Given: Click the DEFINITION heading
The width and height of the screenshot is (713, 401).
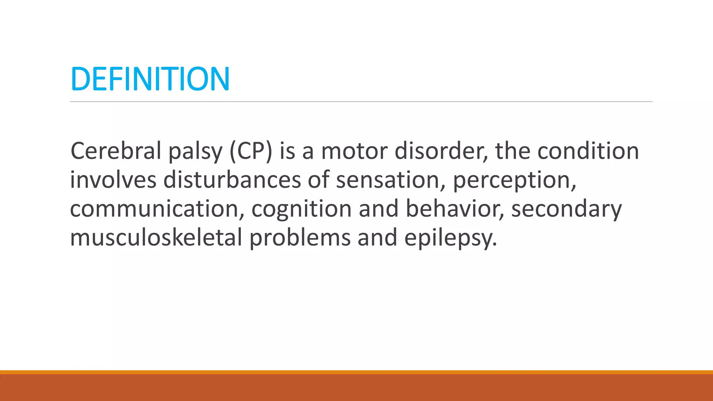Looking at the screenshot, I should (150, 79).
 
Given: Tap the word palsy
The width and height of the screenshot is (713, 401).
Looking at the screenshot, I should (195, 152).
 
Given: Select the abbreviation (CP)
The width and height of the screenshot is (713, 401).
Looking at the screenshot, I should (251, 151).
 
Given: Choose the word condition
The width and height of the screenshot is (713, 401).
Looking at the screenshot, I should (588, 151).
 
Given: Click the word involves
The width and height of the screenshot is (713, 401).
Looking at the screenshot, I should (113, 180).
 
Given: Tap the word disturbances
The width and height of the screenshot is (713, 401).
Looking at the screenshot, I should (232, 180).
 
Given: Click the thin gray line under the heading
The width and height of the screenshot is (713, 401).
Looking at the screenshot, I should (361, 102).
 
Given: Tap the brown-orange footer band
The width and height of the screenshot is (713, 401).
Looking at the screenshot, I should (356, 387).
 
